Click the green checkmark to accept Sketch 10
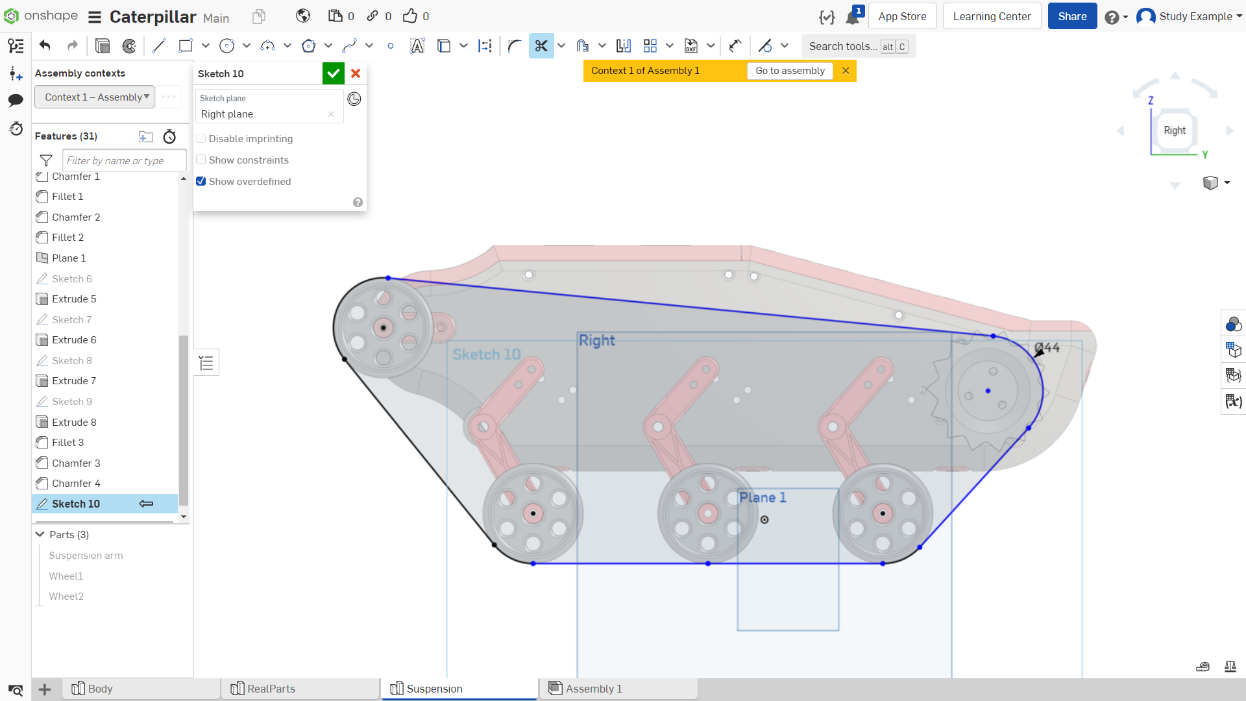[x=333, y=73]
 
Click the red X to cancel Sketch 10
[x=356, y=73]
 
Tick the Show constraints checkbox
[x=201, y=160]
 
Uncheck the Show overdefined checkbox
[x=201, y=181]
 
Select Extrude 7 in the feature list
[x=74, y=381]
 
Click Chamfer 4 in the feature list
[x=76, y=484]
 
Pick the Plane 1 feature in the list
[x=69, y=258]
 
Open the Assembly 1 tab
[x=593, y=689]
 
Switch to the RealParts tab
[x=271, y=689]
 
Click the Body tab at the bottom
[x=100, y=689]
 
